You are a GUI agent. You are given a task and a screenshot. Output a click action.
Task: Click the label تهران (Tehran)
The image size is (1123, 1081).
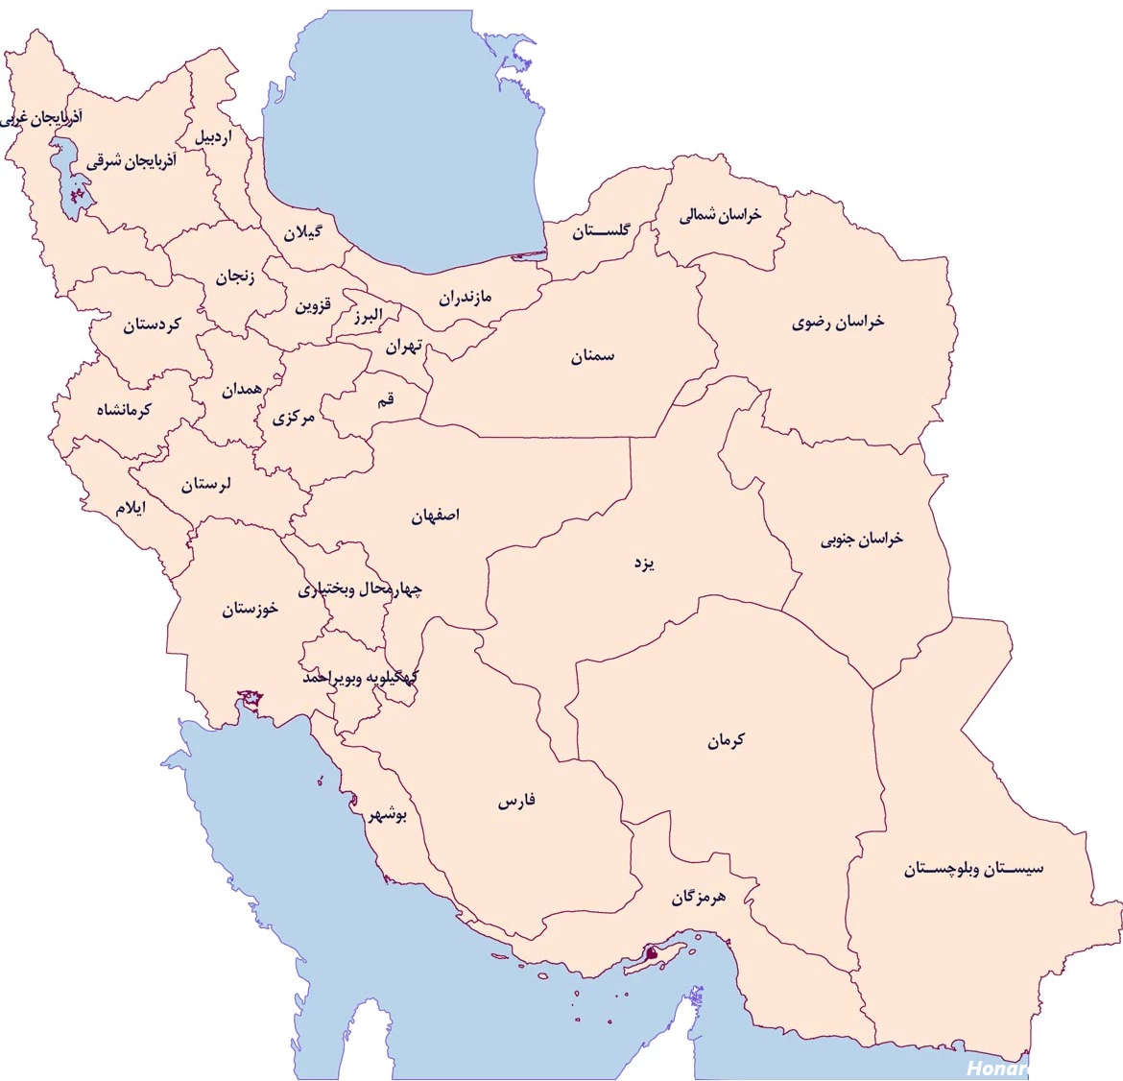pyautogui.click(x=404, y=346)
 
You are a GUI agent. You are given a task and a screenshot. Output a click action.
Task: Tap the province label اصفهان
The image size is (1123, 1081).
pyautogui.click(x=436, y=516)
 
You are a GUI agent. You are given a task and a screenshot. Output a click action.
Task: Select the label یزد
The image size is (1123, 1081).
pyautogui.click(x=644, y=563)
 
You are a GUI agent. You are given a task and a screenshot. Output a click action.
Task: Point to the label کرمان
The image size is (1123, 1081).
pyautogui.click(x=726, y=741)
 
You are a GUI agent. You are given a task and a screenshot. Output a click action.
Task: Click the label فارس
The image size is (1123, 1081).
pyautogui.click(x=516, y=801)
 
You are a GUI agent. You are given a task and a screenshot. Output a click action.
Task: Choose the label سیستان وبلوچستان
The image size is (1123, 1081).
pyautogui.click(x=973, y=870)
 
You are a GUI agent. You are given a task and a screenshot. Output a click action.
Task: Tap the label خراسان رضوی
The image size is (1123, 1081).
pyautogui.click(x=838, y=323)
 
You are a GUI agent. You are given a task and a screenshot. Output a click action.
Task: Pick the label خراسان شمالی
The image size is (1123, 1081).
pyautogui.click(x=720, y=215)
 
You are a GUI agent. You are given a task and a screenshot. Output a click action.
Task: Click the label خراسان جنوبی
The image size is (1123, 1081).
pyautogui.click(x=862, y=540)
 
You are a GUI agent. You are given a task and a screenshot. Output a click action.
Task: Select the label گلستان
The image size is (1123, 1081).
pyautogui.click(x=602, y=231)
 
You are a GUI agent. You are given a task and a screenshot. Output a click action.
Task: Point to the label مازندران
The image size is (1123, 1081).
pyautogui.click(x=466, y=298)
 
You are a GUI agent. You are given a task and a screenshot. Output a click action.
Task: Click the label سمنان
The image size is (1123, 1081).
pyautogui.click(x=592, y=357)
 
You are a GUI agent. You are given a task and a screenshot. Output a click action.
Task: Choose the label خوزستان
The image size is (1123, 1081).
pyautogui.click(x=251, y=609)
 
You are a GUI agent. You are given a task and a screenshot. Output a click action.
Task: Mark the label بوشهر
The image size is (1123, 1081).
pyautogui.click(x=389, y=816)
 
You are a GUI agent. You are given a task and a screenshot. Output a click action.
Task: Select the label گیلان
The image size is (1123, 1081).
pyautogui.click(x=302, y=232)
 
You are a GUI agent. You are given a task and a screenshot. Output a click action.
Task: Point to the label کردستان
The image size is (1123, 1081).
pyautogui.click(x=152, y=325)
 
